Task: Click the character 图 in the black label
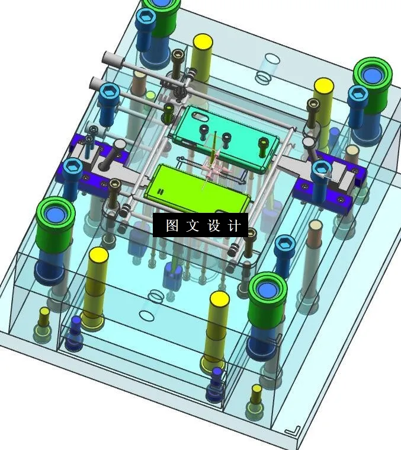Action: coord(172,226)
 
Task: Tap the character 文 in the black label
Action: coord(193,226)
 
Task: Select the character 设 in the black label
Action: coord(214,226)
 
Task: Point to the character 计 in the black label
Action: coord(235,226)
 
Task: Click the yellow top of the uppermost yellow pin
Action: coord(203,42)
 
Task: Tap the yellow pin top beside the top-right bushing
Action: coord(323,87)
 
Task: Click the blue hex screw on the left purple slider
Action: coord(72,168)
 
